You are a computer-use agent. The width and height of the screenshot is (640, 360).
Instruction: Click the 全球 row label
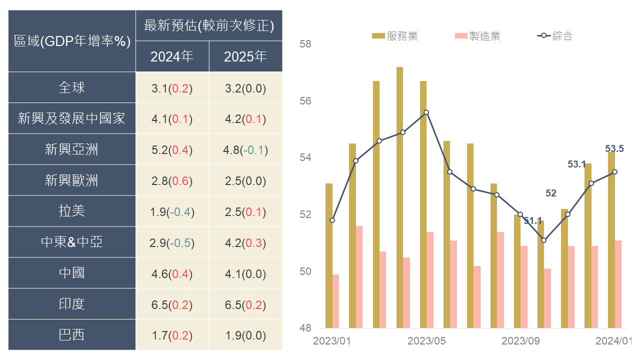[x=71, y=87]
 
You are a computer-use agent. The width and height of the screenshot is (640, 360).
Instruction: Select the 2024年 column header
[x=172, y=56]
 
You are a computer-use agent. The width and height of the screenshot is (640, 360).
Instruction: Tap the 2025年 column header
[x=245, y=56]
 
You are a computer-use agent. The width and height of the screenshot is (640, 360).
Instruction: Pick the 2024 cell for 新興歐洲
[x=172, y=180]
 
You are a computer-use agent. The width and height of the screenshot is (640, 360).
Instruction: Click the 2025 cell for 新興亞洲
[x=245, y=149]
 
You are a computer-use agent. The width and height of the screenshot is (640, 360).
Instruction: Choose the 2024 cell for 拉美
[x=172, y=211]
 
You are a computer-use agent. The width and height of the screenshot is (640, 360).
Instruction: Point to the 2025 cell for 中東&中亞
[x=245, y=242]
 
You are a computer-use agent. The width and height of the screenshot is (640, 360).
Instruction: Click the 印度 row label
[x=71, y=304]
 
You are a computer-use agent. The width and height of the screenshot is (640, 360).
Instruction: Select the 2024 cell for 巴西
[x=172, y=335]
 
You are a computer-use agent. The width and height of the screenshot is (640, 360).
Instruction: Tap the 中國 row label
[x=71, y=273]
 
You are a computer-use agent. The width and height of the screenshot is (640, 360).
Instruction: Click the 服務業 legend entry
[x=395, y=36]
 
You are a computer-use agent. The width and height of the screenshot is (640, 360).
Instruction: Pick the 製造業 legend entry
[x=477, y=36]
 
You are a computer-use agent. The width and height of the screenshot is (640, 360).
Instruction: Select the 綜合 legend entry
[x=555, y=36]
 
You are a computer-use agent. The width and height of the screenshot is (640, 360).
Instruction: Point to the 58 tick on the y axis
[x=305, y=44]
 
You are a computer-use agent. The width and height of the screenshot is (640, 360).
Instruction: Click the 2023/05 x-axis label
[x=426, y=341]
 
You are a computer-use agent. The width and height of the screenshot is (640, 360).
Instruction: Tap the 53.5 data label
[x=614, y=148]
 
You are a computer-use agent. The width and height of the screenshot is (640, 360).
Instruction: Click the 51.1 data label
[x=533, y=220]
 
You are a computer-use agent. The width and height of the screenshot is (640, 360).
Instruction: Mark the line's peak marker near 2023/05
[x=426, y=112]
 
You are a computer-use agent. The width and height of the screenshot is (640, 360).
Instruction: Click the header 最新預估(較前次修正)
[x=208, y=25]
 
